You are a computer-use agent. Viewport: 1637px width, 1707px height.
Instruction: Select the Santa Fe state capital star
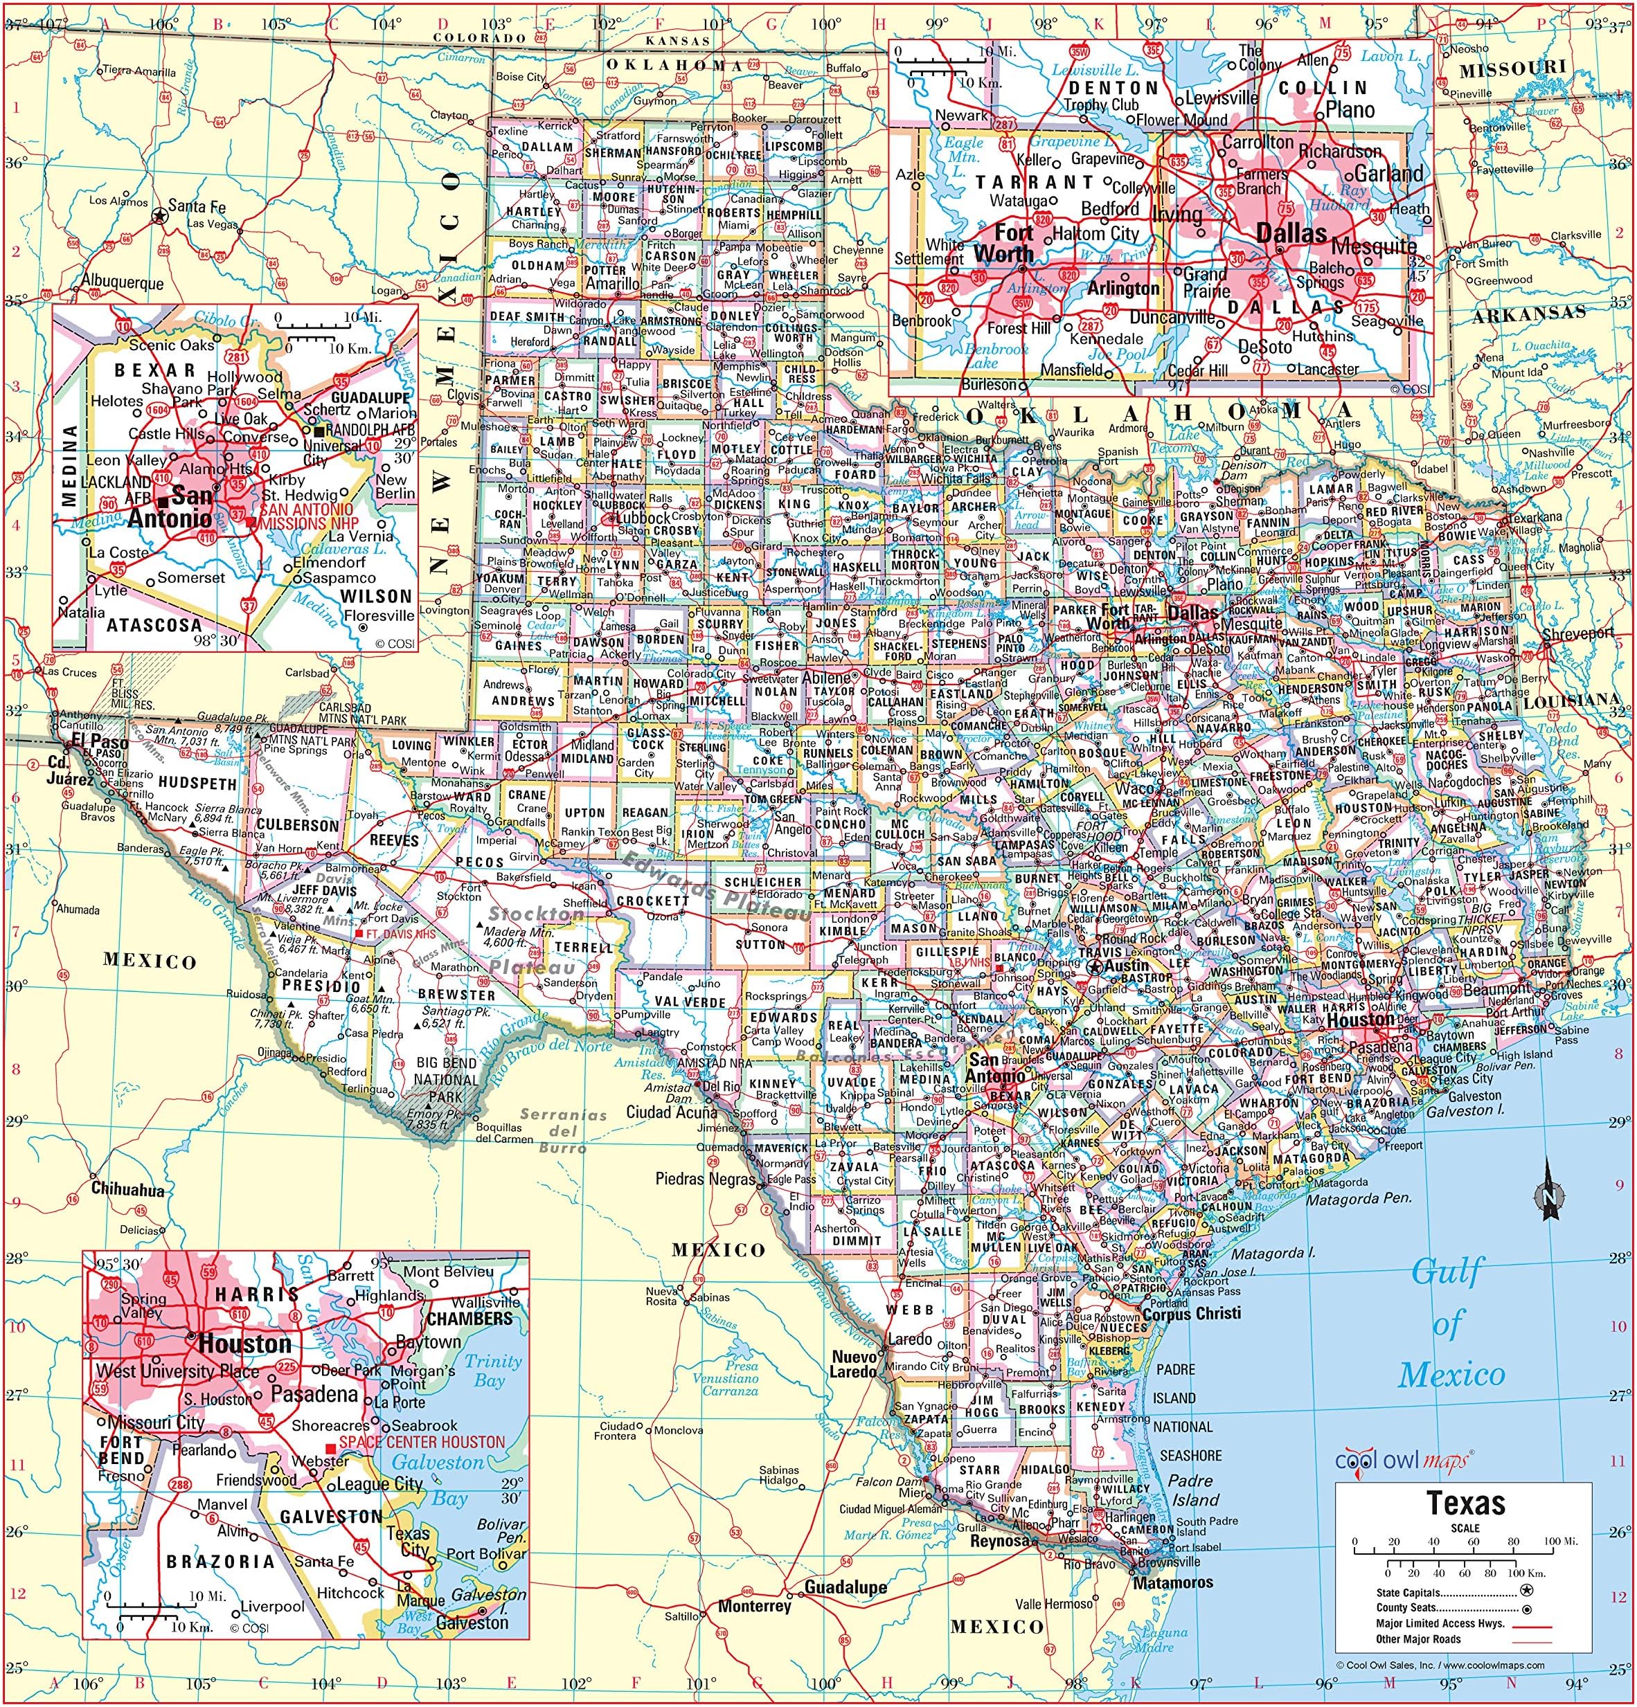pos(159,215)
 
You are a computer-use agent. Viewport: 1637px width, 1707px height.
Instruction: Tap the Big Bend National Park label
pos(446,1080)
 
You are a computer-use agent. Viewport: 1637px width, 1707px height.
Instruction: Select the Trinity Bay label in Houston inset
pos(492,1370)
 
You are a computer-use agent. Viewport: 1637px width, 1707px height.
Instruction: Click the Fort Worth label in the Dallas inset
pos(1003,243)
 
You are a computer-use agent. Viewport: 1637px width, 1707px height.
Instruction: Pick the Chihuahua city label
pos(128,1190)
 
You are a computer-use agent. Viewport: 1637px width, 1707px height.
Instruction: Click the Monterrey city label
pos(755,1605)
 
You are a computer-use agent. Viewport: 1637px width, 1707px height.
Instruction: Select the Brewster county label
pos(456,994)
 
